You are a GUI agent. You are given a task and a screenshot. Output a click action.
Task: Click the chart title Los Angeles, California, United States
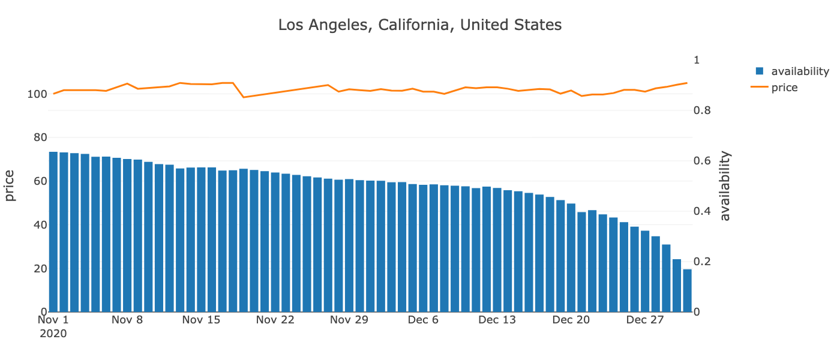click(x=419, y=25)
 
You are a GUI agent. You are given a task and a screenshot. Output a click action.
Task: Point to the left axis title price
click(x=10, y=185)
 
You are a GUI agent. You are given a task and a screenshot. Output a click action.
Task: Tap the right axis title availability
click(x=725, y=186)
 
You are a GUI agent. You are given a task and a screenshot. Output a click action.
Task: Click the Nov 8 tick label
click(x=127, y=320)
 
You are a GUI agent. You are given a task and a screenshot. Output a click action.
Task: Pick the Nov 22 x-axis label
click(x=275, y=320)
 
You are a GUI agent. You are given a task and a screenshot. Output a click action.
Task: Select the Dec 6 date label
click(x=423, y=320)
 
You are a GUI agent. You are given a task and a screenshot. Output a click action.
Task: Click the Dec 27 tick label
click(x=645, y=320)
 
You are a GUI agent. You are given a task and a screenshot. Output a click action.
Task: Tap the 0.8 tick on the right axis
click(x=701, y=110)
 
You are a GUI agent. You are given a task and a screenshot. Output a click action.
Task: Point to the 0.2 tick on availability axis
click(x=701, y=262)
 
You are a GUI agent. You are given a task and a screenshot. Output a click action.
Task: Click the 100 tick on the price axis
click(x=36, y=94)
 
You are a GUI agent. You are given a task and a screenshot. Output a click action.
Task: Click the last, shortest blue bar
click(x=687, y=292)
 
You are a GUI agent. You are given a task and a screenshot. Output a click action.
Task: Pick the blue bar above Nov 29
click(x=349, y=246)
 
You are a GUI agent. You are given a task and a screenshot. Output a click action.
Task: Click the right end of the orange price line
click(x=687, y=83)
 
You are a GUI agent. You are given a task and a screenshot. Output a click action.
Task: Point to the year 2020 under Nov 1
click(x=53, y=333)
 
